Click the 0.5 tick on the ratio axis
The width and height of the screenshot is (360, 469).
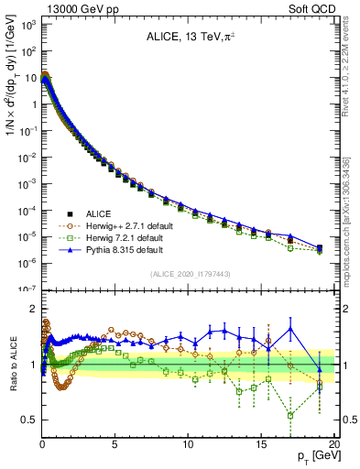[28, 420]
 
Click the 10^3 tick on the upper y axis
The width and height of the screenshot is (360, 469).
[27, 25]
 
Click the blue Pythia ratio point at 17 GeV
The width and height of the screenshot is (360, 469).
[290, 328]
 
